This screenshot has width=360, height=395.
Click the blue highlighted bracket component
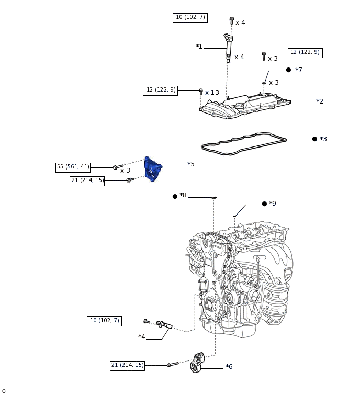pyautogui.click(x=152, y=169)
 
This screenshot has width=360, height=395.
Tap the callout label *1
pyautogui.click(x=199, y=47)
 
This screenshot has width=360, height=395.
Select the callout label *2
pyautogui.click(x=320, y=101)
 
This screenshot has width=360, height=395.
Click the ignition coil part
pyautogui.click(x=228, y=47)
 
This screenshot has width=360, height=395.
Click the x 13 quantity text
pyautogui.click(x=212, y=93)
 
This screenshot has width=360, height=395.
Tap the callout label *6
pyautogui.click(x=229, y=367)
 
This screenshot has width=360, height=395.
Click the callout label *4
pyautogui.click(x=142, y=337)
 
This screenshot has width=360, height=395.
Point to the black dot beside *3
pyautogui.click(x=314, y=139)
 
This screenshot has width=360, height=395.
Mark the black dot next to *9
pyautogui.click(x=264, y=204)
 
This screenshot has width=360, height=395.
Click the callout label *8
pyautogui.click(x=183, y=195)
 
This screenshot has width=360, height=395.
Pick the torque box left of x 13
pyautogui.click(x=161, y=90)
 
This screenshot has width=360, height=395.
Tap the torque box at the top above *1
pyautogui.click(x=190, y=17)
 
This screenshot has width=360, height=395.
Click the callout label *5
pyautogui.click(x=191, y=164)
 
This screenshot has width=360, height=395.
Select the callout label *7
pyautogui.click(x=299, y=70)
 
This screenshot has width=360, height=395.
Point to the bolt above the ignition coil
pyautogui.click(x=232, y=20)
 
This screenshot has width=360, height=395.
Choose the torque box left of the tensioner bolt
pyautogui.click(x=127, y=365)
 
